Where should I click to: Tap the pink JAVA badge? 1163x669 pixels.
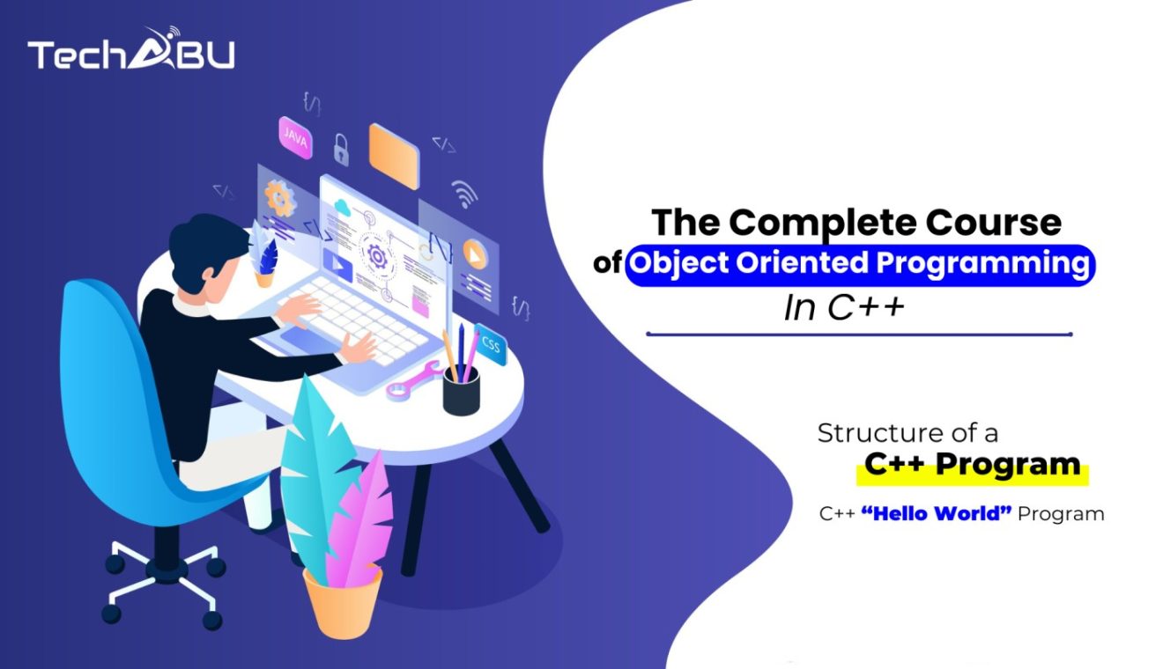[x=295, y=137]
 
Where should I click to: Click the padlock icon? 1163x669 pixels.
[x=341, y=149]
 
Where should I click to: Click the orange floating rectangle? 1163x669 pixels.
[x=393, y=156]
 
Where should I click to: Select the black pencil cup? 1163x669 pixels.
[x=461, y=391]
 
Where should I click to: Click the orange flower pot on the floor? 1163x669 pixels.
[x=343, y=602]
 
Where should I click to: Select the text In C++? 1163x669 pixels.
[x=844, y=308]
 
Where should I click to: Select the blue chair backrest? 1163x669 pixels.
[x=101, y=370]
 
